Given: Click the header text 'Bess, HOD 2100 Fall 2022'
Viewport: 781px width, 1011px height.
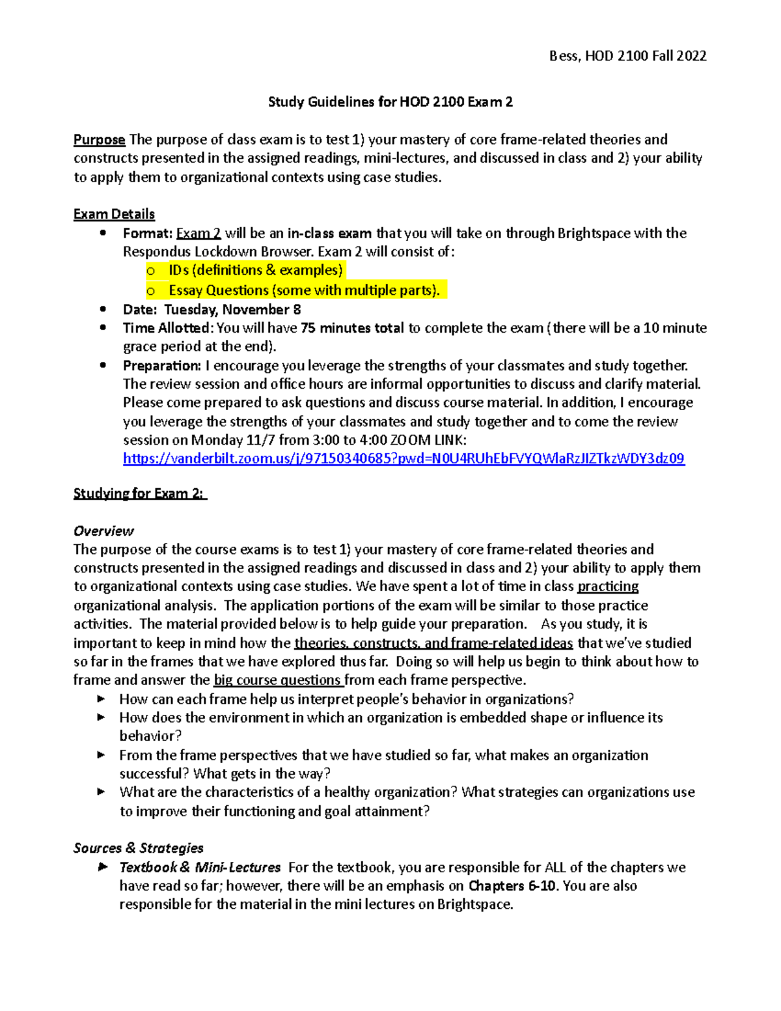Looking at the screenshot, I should tap(627, 56).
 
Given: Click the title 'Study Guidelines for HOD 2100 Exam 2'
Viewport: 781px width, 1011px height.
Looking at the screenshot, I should tap(390, 102).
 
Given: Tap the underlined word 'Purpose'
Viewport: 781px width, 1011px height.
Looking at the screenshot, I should tap(99, 140).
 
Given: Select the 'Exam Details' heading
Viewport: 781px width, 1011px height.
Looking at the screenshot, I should tap(114, 214).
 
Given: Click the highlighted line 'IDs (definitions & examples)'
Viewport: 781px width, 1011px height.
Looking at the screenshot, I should tap(254, 270).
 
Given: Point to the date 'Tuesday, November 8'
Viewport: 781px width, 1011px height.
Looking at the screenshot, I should tap(232, 310).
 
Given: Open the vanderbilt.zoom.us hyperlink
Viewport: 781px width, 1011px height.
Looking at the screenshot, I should tap(404, 459).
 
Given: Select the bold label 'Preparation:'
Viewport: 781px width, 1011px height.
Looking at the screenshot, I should tap(162, 366).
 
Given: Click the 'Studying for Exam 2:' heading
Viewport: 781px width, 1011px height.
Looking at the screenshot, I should tap(139, 493).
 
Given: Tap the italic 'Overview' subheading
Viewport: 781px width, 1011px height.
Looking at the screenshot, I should tap(103, 531).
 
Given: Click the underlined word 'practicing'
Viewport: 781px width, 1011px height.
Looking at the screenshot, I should tap(608, 587).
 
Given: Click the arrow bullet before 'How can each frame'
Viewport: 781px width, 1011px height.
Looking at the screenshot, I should tap(102, 699).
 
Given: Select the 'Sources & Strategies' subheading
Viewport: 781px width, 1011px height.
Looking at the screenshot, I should tap(138, 848).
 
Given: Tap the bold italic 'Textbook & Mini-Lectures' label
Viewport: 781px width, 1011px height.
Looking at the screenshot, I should tap(200, 868).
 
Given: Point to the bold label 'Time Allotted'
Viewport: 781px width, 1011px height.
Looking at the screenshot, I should tap(167, 328).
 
